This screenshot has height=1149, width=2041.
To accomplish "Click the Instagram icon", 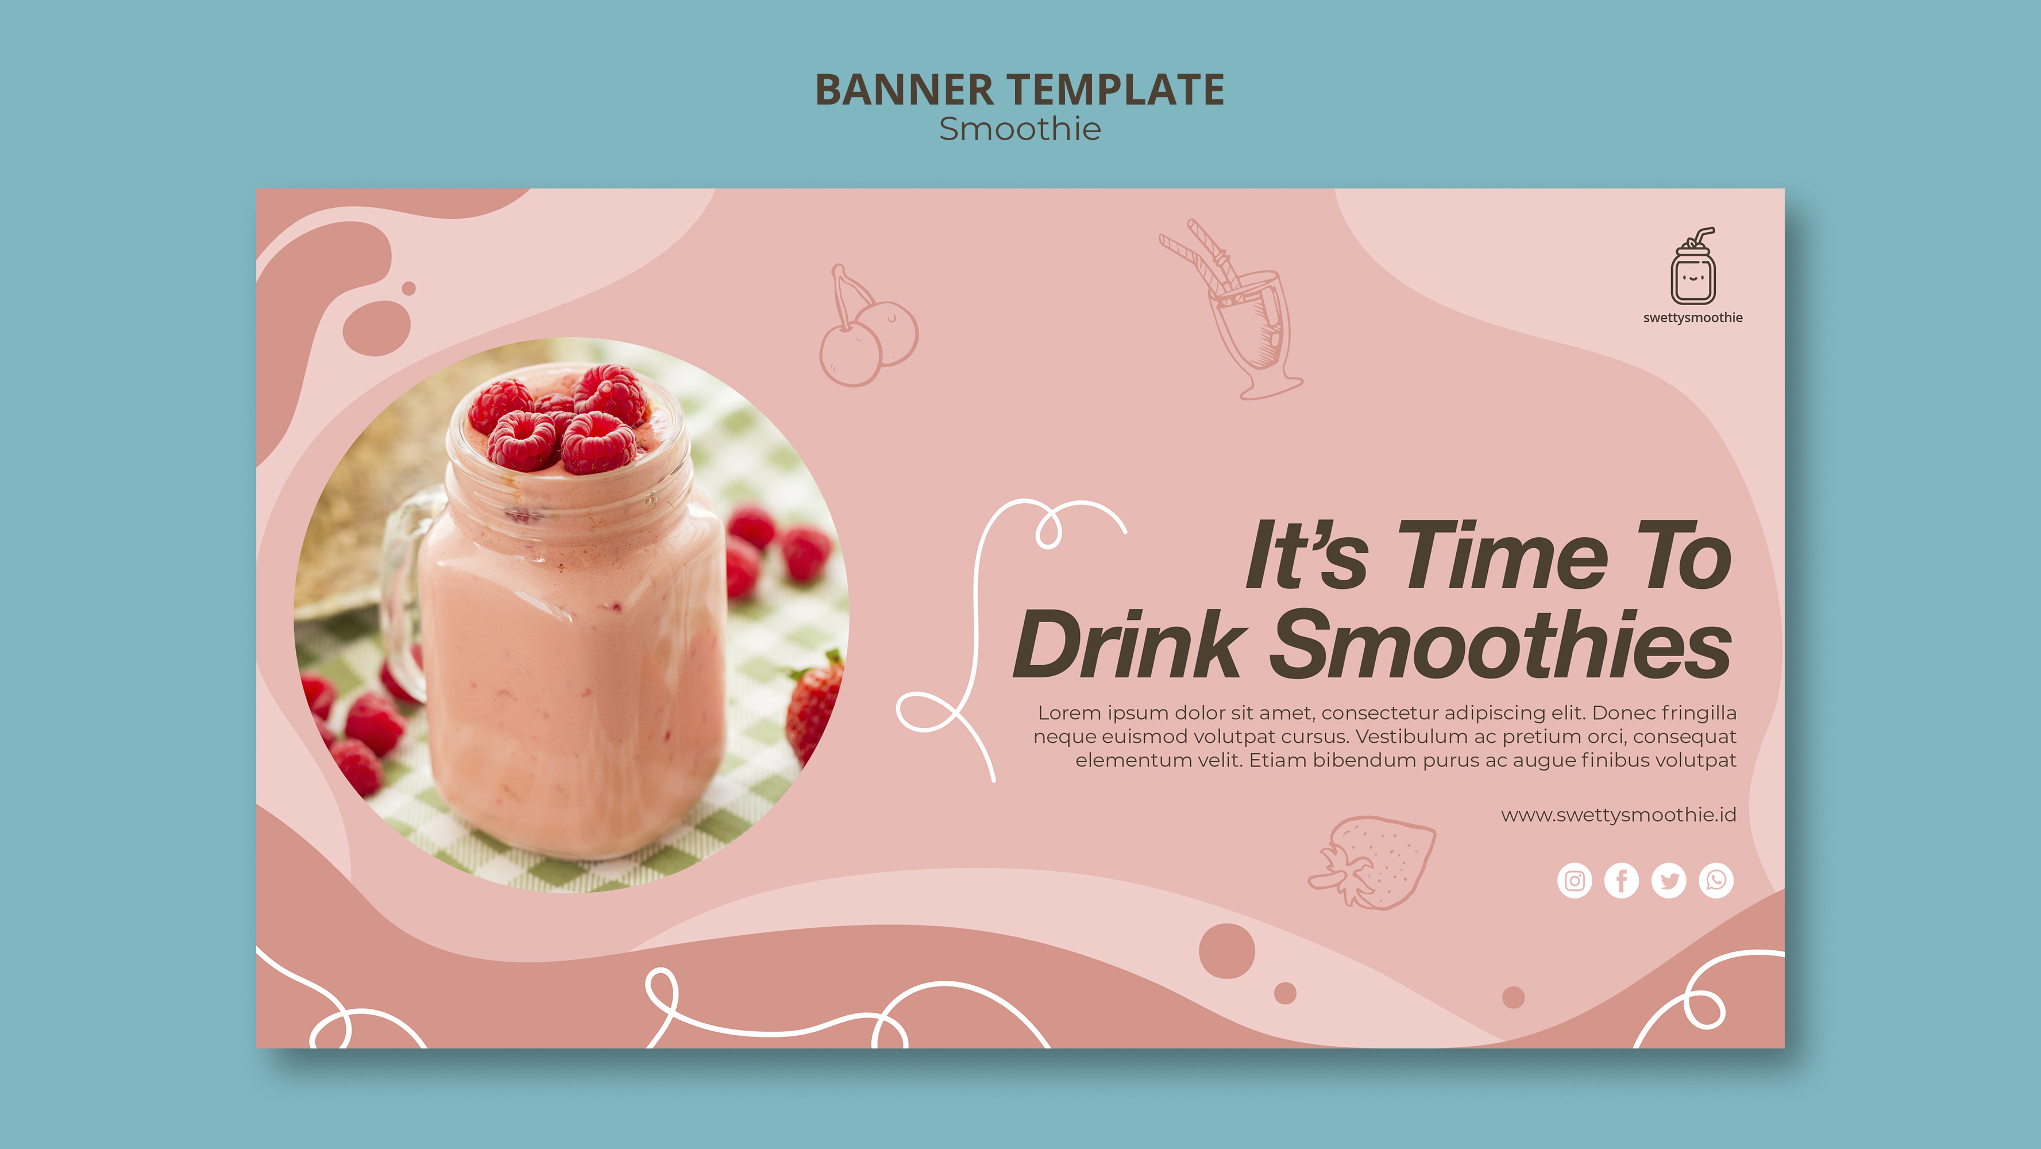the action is click(1575, 880).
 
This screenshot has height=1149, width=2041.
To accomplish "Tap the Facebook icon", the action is click(1621, 880).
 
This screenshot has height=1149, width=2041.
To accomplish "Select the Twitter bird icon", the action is click(1669, 880).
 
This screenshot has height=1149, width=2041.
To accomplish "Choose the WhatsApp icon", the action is click(1716, 880).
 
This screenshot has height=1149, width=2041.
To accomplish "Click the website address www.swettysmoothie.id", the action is click(1619, 815).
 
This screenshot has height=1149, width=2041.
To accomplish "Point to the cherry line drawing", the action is click(867, 326).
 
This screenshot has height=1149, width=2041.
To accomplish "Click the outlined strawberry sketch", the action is click(1373, 862).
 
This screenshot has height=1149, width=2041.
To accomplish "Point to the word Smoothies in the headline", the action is click(1500, 645).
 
